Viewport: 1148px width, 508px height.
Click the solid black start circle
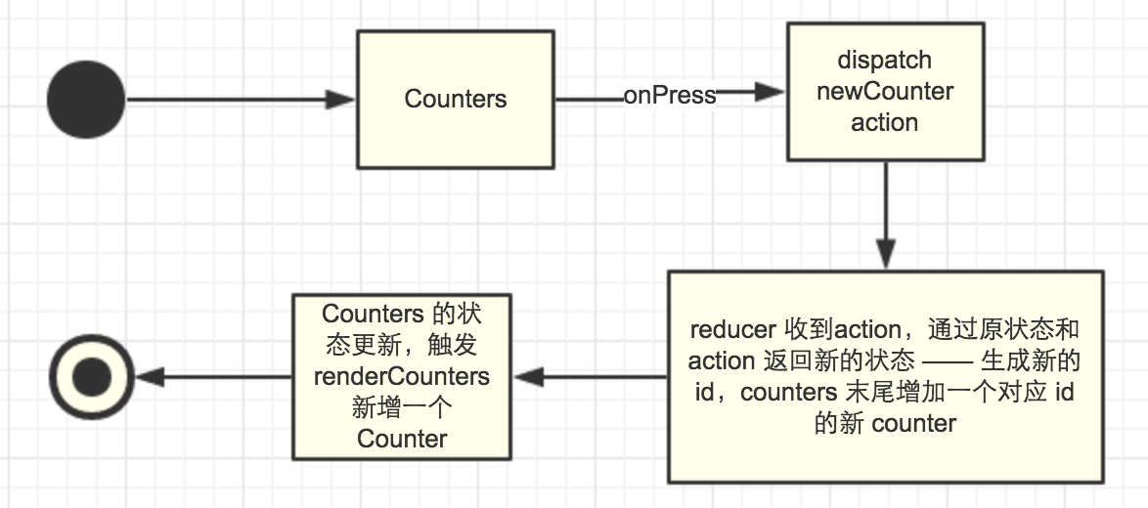pyautogui.click(x=87, y=99)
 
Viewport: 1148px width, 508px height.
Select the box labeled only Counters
pyautogui.click(x=456, y=99)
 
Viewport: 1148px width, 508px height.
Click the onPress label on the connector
pyautogui.click(x=670, y=95)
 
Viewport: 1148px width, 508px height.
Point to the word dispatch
pyautogui.click(x=884, y=60)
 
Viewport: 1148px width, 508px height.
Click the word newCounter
pyautogui.click(x=884, y=91)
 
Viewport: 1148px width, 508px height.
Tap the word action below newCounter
pyautogui.click(x=884, y=123)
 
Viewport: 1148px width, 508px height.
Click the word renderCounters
pyautogui.click(x=402, y=376)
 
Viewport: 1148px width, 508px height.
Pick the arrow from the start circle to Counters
pyautogui.click(x=240, y=99)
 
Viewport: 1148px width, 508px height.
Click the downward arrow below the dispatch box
pyautogui.click(x=885, y=215)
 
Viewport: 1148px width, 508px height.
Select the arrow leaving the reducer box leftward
pyautogui.click(x=592, y=377)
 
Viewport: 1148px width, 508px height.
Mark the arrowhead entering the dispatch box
pyautogui.click(x=773, y=93)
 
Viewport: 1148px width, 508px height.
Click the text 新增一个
pyautogui.click(x=401, y=407)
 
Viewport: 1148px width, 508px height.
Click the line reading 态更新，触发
pyautogui.click(x=402, y=345)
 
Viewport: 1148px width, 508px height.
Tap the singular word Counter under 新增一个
pyautogui.click(x=402, y=439)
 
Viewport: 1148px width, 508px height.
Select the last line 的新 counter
pyautogui.click(x=884, y=425)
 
